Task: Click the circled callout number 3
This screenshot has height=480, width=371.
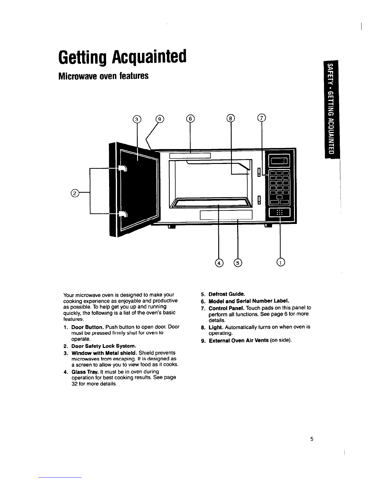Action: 137,119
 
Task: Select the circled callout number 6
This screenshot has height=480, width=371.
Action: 190,118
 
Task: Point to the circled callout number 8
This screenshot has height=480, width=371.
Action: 231,118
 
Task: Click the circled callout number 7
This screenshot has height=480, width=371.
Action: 262,118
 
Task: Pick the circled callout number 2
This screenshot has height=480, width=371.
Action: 75,193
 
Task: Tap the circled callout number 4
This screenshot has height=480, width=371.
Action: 219,263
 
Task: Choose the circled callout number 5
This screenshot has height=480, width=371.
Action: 238,263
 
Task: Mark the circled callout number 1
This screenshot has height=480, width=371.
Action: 281,262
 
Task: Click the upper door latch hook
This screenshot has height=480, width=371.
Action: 123,168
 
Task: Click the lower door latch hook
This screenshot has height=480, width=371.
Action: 123,214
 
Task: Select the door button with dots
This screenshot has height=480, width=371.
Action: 279,212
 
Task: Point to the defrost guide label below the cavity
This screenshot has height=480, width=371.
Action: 226,215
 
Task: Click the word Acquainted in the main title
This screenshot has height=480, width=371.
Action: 149,57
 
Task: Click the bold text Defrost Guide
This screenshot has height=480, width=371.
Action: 227,294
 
